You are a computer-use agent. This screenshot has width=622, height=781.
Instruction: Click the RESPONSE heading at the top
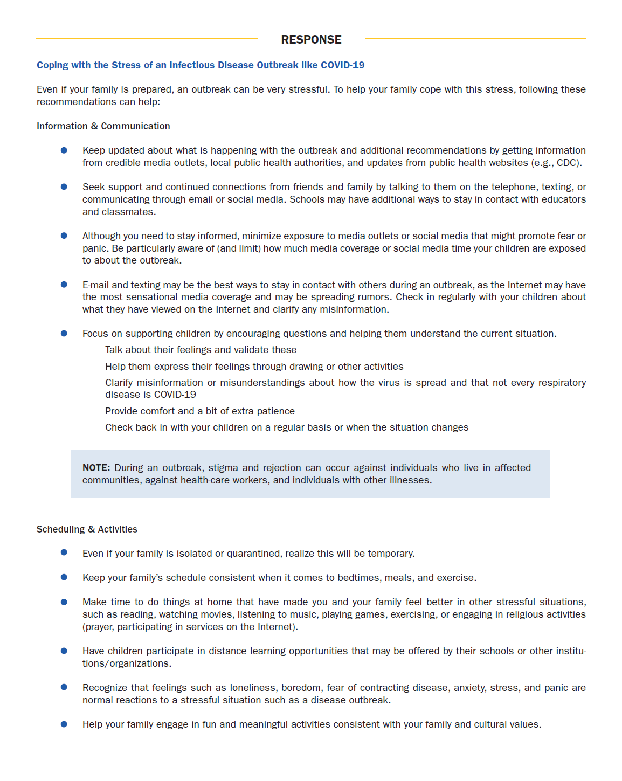tap(311, 40)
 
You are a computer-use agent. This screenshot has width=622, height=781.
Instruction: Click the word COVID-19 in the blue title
tap(342, 65)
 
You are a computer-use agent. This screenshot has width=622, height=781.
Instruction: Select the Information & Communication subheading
tap(103, 126)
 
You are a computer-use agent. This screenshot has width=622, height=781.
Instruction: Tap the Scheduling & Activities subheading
tap(87, 529)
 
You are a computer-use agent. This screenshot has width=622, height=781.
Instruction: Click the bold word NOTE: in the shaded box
tap(96, 468)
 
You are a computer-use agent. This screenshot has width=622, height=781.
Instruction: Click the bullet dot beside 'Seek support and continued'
tap(64, 186)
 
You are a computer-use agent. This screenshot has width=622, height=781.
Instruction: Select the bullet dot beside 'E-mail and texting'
tap(64, 285)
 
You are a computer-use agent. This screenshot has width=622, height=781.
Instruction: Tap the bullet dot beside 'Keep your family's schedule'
tap(64, 577)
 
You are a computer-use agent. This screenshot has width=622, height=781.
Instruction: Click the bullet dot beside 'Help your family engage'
tap(64, 724)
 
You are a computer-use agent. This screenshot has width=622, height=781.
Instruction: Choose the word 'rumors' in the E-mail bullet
tap(375, 297)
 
